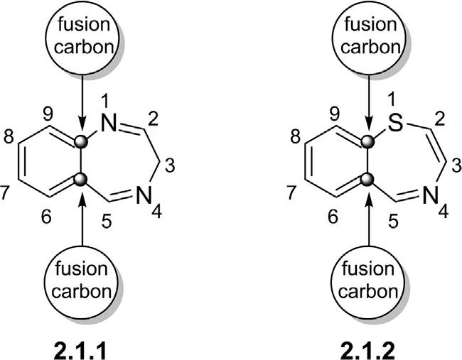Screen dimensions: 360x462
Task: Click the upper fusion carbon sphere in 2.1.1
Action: pyautogui.click(x=84, y=142)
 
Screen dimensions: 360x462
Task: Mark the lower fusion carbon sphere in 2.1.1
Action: pyautogui.click(x=84, y=180)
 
